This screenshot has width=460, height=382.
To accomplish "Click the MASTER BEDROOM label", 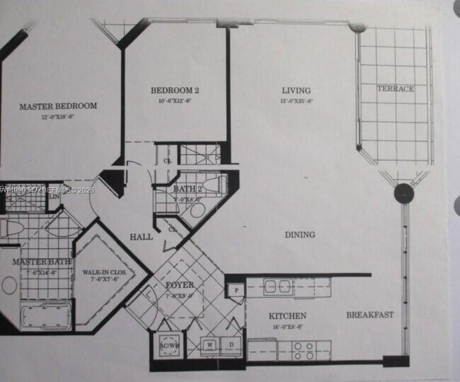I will [x=58, y=106].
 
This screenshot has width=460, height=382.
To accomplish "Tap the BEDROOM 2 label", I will [x=175, y=91].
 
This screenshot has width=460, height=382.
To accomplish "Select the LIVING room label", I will [x=297, y=91].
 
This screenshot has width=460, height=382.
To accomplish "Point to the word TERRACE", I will [x=395, y=88].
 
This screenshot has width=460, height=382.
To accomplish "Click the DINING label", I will [x=300, y=235].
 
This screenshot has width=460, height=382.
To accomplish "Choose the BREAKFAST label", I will [x=369, y=315].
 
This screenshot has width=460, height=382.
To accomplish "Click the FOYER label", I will [x=180, y=285].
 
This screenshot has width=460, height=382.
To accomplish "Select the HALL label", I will [x=141, y=237].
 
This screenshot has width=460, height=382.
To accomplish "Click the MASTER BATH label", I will [x=41, y=262].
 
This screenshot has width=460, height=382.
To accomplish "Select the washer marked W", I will [x=210, y=345].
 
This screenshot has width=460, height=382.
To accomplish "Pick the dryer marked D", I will [x=230, y=345].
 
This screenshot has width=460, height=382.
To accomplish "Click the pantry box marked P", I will [x=235, y=289].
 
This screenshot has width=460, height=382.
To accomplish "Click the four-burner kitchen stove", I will [x=304, y=347].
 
